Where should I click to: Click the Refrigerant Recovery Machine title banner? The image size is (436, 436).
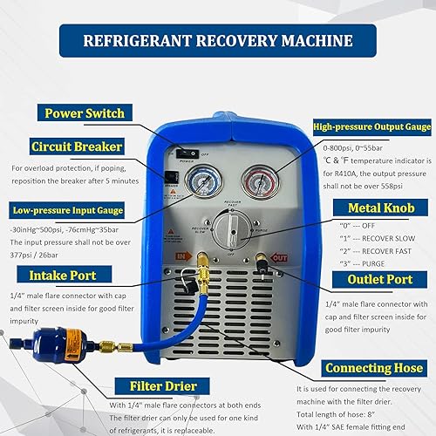[x=218, y=40]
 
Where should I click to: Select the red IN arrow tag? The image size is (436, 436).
[x=182, y=256]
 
